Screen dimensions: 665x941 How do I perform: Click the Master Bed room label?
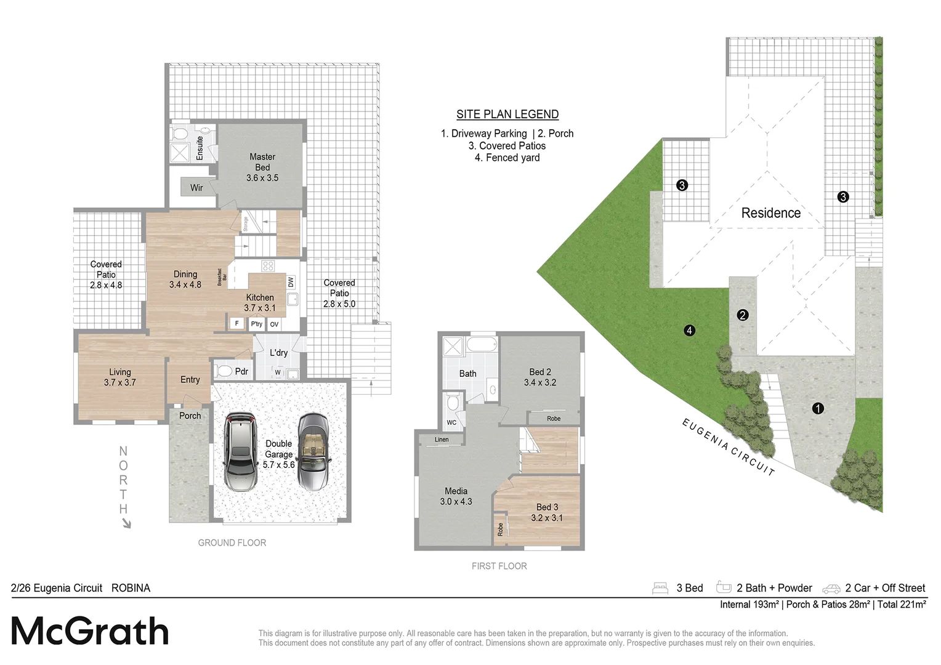click(262, 167)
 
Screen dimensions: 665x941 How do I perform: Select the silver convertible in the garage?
click(313, 451)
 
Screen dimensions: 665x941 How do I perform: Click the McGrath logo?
click(90, 631)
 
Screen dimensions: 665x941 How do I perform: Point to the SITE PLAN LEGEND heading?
click(507, 114)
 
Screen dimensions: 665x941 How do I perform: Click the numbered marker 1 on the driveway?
click(818, 408)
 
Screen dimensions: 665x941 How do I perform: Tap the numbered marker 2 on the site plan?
click(743, 315)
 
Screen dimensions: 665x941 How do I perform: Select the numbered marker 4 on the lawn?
click(689, 331)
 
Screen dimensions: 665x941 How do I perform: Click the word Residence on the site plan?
click(771, 213)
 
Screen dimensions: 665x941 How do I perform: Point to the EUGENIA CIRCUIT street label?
click(728, 446)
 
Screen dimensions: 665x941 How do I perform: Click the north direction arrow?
click(126, 523)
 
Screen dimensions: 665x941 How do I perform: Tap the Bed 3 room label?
click(547, 512)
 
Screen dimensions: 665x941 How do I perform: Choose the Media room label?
click(456, 496)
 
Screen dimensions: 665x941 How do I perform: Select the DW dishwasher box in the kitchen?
click(291, 282)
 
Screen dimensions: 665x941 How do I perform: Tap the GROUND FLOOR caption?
click(232, 542)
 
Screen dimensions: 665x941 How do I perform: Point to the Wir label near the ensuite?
click(196, 188)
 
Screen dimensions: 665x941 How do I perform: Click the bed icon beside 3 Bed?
click(660, 588)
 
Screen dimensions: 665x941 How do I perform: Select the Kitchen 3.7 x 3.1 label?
click(260, 302)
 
